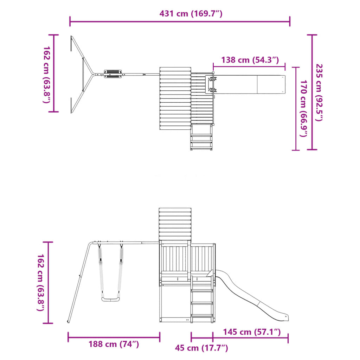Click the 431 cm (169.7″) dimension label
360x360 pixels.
[191, 14]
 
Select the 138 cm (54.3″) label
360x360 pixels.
[250, 60]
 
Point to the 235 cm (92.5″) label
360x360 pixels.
[319, 92]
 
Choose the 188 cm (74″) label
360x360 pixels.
[114, 344]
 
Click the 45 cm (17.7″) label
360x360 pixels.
[202, 348]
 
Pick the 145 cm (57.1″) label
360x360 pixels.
[252, 332]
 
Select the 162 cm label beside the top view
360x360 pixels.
[46, 74]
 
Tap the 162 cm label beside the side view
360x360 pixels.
[41, 282]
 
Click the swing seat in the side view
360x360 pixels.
[111, 299]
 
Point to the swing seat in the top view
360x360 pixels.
[113, 73]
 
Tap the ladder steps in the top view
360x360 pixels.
[202, 138]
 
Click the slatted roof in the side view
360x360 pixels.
[175, 224]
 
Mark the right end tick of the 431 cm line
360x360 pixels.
[290, 21]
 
